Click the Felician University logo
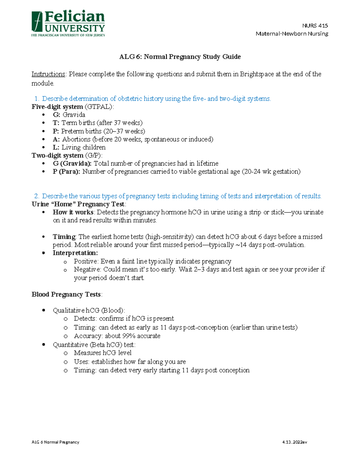pos(68,24)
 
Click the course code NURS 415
pos(315,26)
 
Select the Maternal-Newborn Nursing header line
pos(292,34)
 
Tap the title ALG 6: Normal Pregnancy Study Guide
pos(180,57)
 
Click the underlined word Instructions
pos(48,74)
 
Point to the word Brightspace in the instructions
pos(256,74)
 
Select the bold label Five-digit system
pos(57,107)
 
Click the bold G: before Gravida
pos(56,115)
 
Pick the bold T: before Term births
pos(56,123)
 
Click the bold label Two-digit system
pos(58,155)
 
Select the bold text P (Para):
pos(66,172)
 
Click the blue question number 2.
pos(37,196)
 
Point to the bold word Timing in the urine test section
pos(64,237)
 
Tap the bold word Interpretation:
pos(75,253)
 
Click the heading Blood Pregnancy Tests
pos(66,294)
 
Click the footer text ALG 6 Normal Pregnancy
pos(55,442)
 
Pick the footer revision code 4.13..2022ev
pos(295,442)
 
